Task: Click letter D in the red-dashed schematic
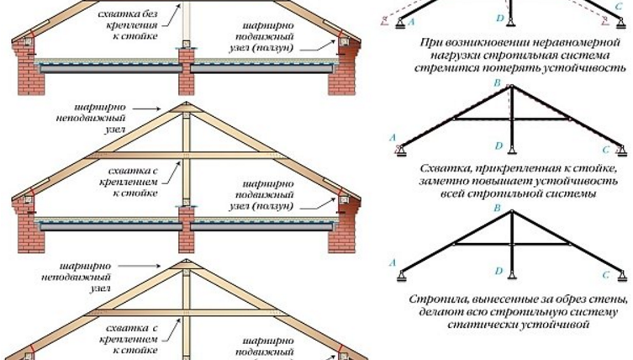pos(498,18)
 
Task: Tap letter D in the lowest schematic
pos(499,271)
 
